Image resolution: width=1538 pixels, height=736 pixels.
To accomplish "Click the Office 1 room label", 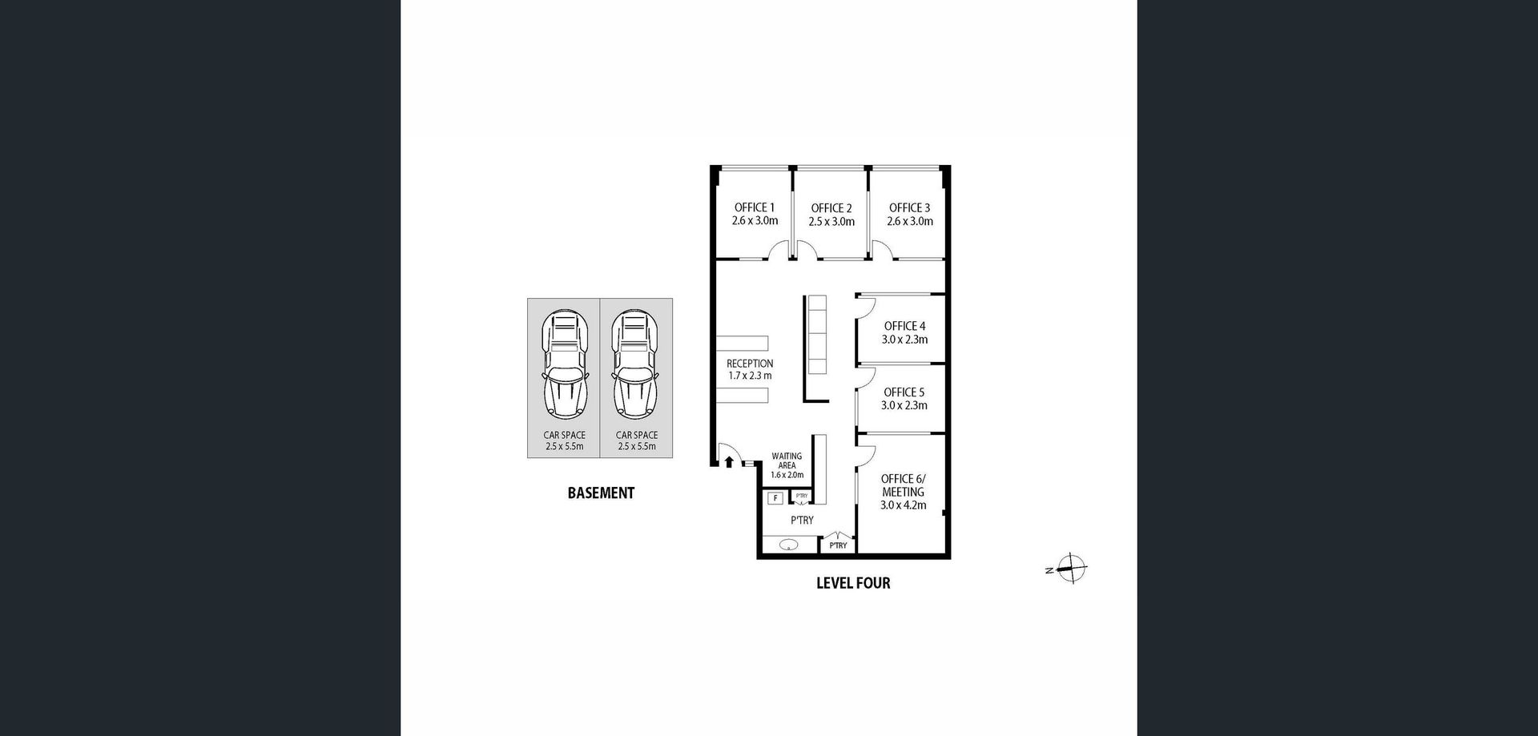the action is [x=755, y=207].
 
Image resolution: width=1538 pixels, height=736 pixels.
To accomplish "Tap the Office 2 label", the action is [x=831, y=208].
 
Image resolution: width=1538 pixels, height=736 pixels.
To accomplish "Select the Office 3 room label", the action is [x=910, y=207].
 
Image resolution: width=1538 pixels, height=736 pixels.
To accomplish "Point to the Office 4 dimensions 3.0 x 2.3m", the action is [x=905, y=340].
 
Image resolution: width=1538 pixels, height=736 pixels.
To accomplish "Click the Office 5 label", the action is [x=904, y=392].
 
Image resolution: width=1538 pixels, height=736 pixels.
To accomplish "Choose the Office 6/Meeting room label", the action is [x=904, y=485].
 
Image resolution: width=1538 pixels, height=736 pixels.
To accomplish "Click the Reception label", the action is [x=750, y=364].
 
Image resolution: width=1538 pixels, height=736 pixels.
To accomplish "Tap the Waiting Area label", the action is [x=787, y=461].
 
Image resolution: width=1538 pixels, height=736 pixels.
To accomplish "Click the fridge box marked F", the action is [x=775, y=498].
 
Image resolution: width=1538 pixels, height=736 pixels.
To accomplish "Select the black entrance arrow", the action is [x=729, y=461].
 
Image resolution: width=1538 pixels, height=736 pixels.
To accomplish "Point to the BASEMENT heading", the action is [x=601, y=493].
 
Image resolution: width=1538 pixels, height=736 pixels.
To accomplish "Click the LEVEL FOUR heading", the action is [x=853, y=583].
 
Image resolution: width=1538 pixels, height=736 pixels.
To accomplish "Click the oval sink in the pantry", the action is [x=789, y=546].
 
